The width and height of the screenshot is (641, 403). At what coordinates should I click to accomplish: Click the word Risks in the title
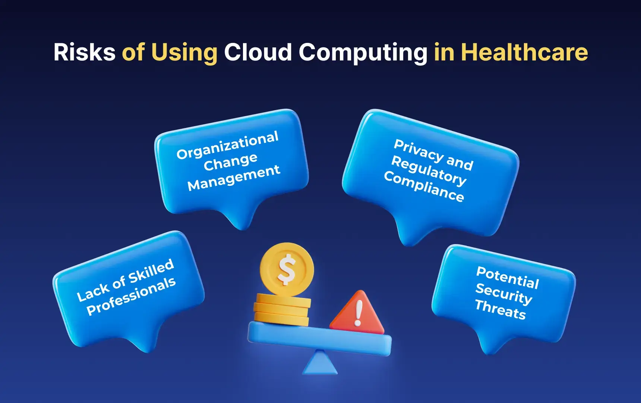click(x=85, y=52)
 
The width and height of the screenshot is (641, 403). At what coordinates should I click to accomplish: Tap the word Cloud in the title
click(x=258, y=52)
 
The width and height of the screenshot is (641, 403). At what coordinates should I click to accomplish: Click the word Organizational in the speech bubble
click(x=227, y=145)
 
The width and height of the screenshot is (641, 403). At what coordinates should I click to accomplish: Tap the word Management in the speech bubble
click(x=234, y=178)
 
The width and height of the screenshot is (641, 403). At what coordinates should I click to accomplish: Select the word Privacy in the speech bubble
click(x=418, y=149)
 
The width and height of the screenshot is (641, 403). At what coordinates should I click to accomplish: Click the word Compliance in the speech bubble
click(x=424, y=187)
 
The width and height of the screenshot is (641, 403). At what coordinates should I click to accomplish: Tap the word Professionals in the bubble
click(x=131, y=297)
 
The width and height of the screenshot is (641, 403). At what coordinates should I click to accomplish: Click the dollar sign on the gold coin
click(x=287, y=269)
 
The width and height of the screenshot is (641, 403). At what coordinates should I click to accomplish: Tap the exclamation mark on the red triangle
click(x=359, y=313)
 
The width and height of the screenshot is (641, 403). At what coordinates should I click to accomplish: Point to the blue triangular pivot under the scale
click(x=320, y=364)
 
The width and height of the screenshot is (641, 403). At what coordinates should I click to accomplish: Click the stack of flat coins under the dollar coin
click(x=282, y=310)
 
